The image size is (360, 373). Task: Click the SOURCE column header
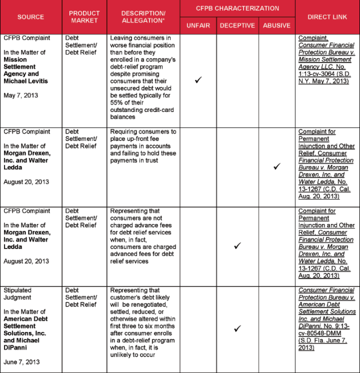point(31,16)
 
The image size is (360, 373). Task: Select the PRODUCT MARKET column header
point(84,16)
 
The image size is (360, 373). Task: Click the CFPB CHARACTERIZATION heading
point(238,9)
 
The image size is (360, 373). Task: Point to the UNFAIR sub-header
point(198,25)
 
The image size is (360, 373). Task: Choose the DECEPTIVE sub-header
point(238,25)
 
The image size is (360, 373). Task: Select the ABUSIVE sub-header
point(276,25)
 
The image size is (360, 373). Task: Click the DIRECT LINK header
point(327,16)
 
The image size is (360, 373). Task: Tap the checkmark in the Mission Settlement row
point(198,80)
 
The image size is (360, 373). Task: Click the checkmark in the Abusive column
point(276,167)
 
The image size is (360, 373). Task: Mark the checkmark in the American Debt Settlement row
point(238,328)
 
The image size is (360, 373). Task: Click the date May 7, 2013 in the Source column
point(20,96)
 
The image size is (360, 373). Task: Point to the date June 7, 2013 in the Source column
point(22,362)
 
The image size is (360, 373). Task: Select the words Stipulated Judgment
point(18,294)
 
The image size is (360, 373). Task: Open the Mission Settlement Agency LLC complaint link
point(326,60)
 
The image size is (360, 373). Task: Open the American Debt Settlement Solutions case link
point(326,319)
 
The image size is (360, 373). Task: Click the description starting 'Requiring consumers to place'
point(143,146)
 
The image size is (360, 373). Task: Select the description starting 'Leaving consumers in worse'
point(143,77)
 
